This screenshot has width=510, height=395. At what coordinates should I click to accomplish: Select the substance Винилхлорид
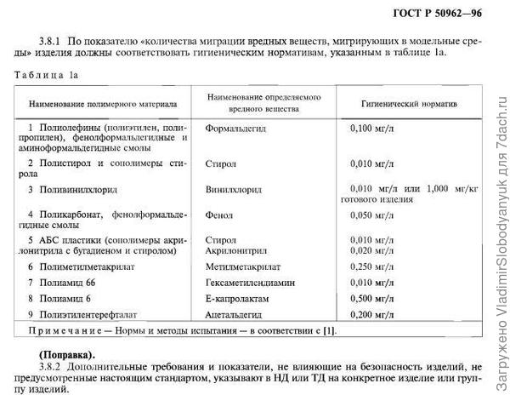pyautogui.click(x=235, y=188)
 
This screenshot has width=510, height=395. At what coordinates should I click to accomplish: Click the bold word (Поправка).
pyautogui.click(x=67, y=352)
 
